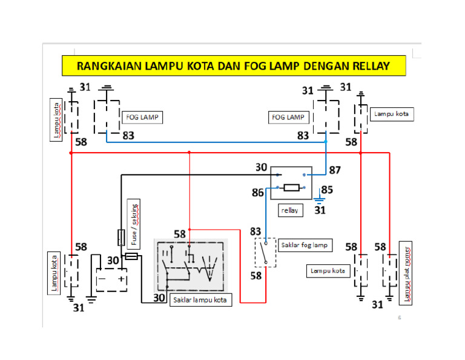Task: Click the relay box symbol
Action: tap(291, 182)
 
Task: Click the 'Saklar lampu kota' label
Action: tap(200, 300)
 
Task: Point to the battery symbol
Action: tap(111, 279)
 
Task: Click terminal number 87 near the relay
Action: tap(334, 170)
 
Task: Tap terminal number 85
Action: tap(327, 190)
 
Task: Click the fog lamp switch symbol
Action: tap(265, 252)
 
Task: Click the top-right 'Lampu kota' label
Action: tap(392, 113)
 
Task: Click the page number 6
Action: tap(399, 318)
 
